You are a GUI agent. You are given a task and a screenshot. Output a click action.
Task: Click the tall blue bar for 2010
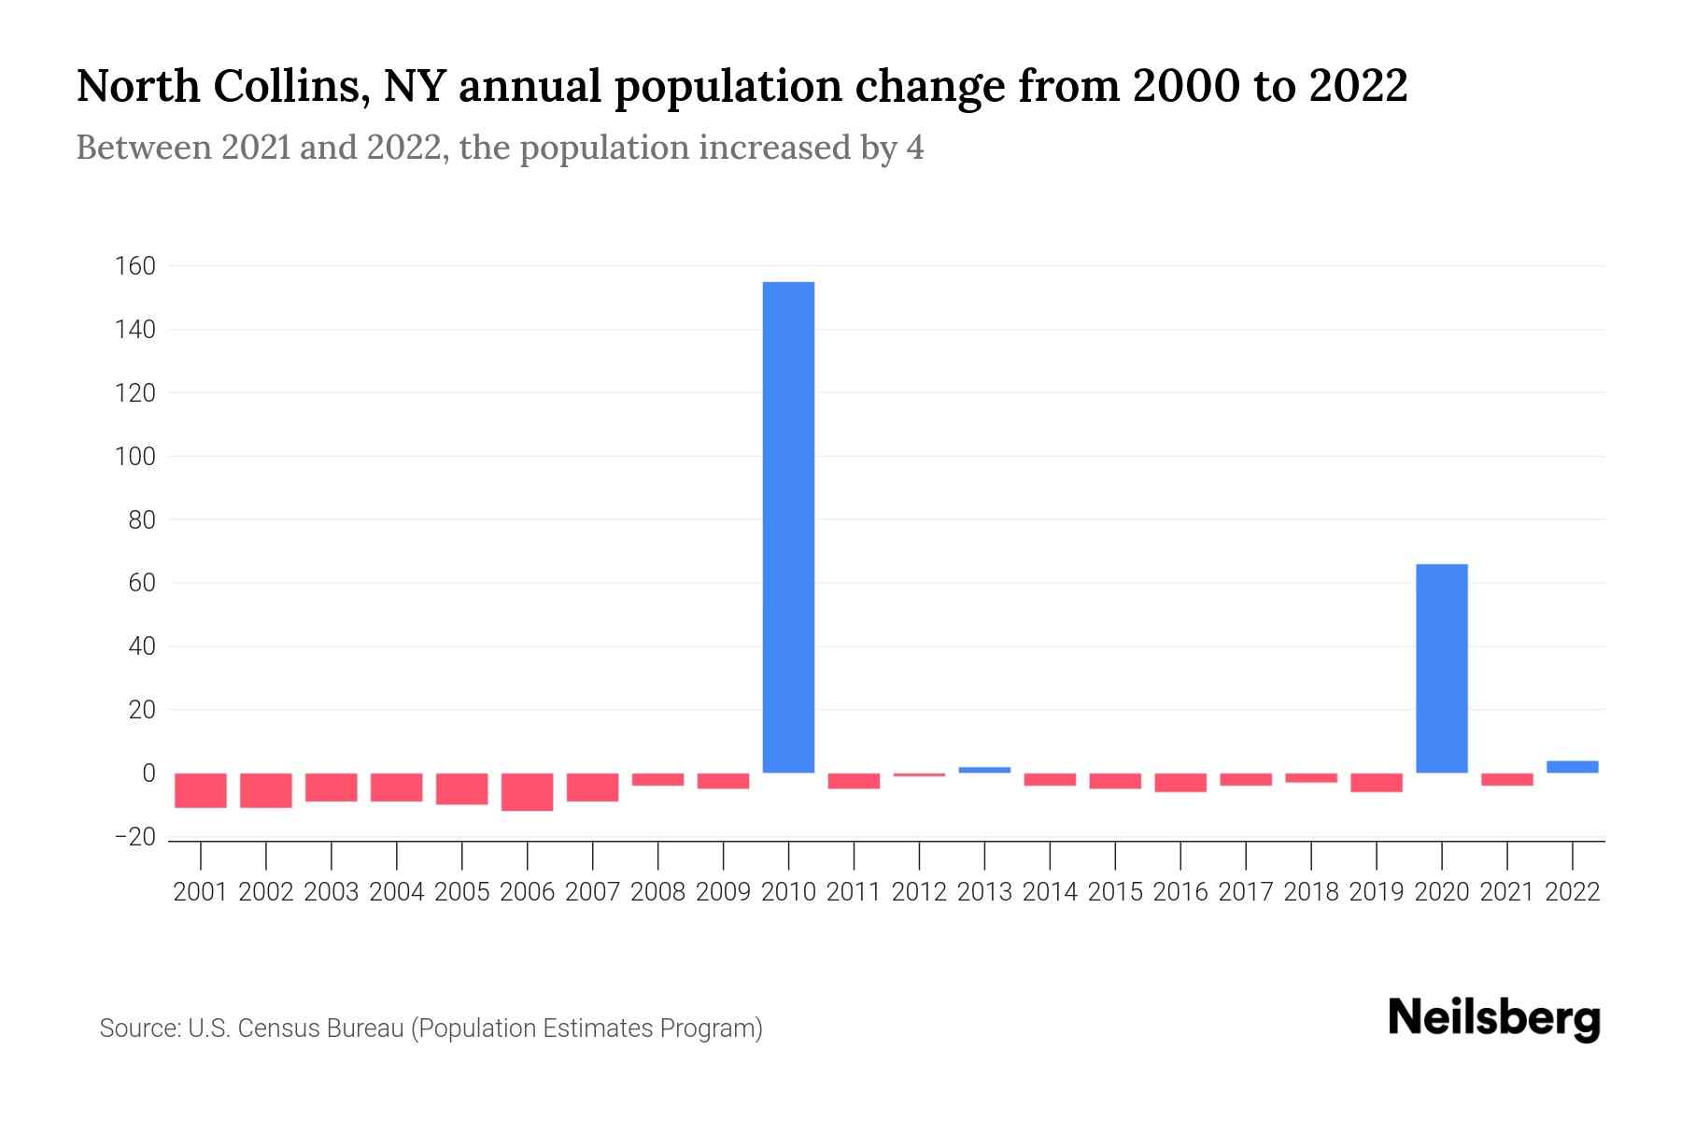[x=788, y=528]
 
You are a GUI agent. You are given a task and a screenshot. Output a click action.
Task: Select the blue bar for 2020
[x=1441, y=668]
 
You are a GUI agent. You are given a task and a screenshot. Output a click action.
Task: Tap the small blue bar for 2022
[x=1572, y=767]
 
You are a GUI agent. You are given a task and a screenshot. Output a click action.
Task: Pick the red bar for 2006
[x=527, y=791]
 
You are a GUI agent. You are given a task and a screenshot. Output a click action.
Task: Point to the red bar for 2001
[x=201, y=790]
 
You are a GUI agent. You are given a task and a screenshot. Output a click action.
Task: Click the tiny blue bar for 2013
[x=984, y=770]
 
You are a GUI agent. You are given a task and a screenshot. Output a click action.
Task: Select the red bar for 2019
[x=1376, y=783]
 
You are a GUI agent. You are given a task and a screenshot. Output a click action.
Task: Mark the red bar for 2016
[x=1180, y=783]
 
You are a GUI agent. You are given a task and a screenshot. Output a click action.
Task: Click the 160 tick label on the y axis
[x=134, y=266]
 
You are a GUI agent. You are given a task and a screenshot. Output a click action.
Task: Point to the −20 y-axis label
[x=134, y=837]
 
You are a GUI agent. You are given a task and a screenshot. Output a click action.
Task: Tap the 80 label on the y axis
[x=141, y=520]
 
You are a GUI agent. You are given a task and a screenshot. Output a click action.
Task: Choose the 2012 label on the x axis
[x=919, y=892]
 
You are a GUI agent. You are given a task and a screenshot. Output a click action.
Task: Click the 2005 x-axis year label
[x=461, y=892]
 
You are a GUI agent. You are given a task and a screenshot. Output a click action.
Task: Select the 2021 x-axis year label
[x=1506, y=892]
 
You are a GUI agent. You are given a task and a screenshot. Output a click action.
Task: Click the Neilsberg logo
[x=1494, y=1018]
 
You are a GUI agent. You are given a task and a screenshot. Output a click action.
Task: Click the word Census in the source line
[x=274, y=1029]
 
